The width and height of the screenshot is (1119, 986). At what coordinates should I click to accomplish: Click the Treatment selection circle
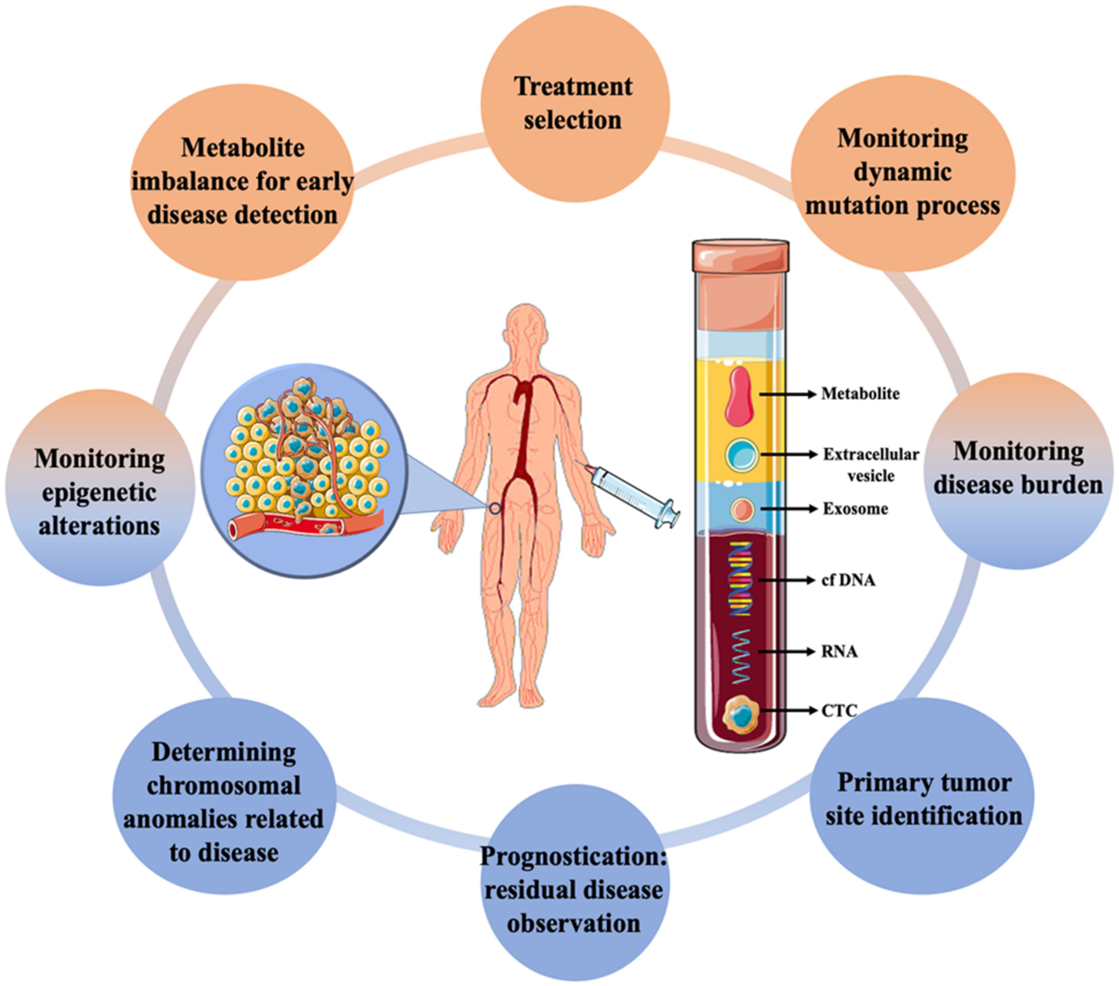[574, 104]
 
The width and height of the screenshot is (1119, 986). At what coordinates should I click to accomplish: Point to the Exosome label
[855, 509]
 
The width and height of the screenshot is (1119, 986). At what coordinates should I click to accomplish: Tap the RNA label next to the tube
[839, 652]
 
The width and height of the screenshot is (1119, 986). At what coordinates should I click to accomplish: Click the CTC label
[839, 711]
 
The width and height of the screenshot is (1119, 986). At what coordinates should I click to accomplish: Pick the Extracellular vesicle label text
[870, 464]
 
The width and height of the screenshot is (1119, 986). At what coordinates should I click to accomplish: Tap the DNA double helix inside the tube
[740, 579]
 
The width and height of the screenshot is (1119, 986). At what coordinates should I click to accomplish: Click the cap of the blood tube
[740, 256]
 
